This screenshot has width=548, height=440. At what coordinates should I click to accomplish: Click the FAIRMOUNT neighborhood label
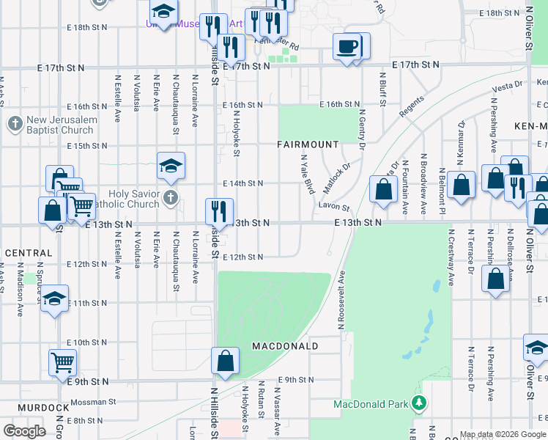tap(308, 144)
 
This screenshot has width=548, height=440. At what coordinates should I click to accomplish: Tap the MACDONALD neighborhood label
tap(285, 345)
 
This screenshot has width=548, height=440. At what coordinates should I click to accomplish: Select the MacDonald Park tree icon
tap(418, 403)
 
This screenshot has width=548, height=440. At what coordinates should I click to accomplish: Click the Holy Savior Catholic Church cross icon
tap(170, 197)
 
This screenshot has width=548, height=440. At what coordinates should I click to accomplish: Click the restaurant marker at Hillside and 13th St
tap(219, 212)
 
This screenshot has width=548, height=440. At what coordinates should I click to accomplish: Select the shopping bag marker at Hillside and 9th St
tap(225, 360)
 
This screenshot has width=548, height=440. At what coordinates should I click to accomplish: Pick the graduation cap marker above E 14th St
tap(171, 166)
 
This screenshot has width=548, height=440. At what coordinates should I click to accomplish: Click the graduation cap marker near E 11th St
tap(54, 298)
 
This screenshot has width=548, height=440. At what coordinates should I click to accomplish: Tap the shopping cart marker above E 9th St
tap(63, 362)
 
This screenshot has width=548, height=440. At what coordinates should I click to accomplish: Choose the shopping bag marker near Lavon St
tap(383, 190)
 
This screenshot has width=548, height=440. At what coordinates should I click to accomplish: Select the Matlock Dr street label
tap(337, 178)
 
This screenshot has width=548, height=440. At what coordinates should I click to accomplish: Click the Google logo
tap(23, 431)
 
